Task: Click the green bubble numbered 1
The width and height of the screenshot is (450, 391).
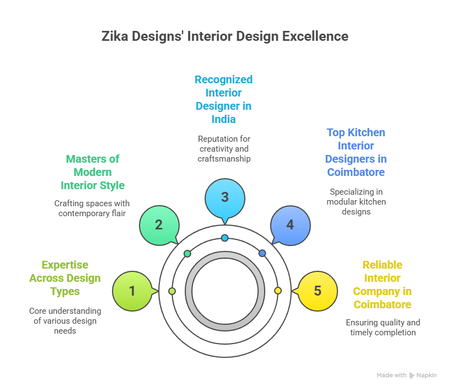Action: pyautogui.click(x=132, y=291)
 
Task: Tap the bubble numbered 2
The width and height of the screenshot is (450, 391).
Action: pyautogui.click(x=159, y=225)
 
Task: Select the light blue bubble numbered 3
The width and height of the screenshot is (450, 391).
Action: pyautogui.click(x=224, y=197)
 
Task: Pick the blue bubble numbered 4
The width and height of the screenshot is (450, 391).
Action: pyautogui.click(x=290, y=225)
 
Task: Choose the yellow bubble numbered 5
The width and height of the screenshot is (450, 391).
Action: pyautogui.click(x=317, y=291)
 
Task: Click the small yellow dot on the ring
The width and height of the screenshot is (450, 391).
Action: pyautogui.click(x=277, y=291)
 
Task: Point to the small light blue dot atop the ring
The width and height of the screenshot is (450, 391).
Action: pyautogui.click(x=224, y=238)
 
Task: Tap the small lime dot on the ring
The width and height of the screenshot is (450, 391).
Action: pyautogui.click(x=172, y=291)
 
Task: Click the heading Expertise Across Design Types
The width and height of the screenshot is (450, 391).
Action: pyautogui.click(x=65, y=278)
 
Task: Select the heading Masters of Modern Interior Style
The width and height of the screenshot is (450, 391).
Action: pyautogui.click(x=93, y=172)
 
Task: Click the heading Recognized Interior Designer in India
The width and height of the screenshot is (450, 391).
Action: pyautogui.click(x=223, y=99)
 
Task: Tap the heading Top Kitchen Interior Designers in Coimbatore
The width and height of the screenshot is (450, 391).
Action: pyautogui.click(x=356, y=153)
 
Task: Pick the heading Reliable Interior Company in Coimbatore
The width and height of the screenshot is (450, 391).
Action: pyautogui.click(x=382, y=285)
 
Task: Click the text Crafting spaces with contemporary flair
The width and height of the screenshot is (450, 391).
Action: pyautogui.click(x=93, y=208)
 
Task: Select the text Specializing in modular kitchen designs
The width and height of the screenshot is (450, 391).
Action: pyautogui.click(x=356, y=202)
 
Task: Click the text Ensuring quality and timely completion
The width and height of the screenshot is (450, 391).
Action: pyautogui.click(x=382, y=328)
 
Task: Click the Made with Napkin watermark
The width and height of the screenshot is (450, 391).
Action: pyautogui.click(x=406, y=375)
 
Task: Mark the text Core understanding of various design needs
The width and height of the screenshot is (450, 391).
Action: pyautogui.click(x=65, y=321)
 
